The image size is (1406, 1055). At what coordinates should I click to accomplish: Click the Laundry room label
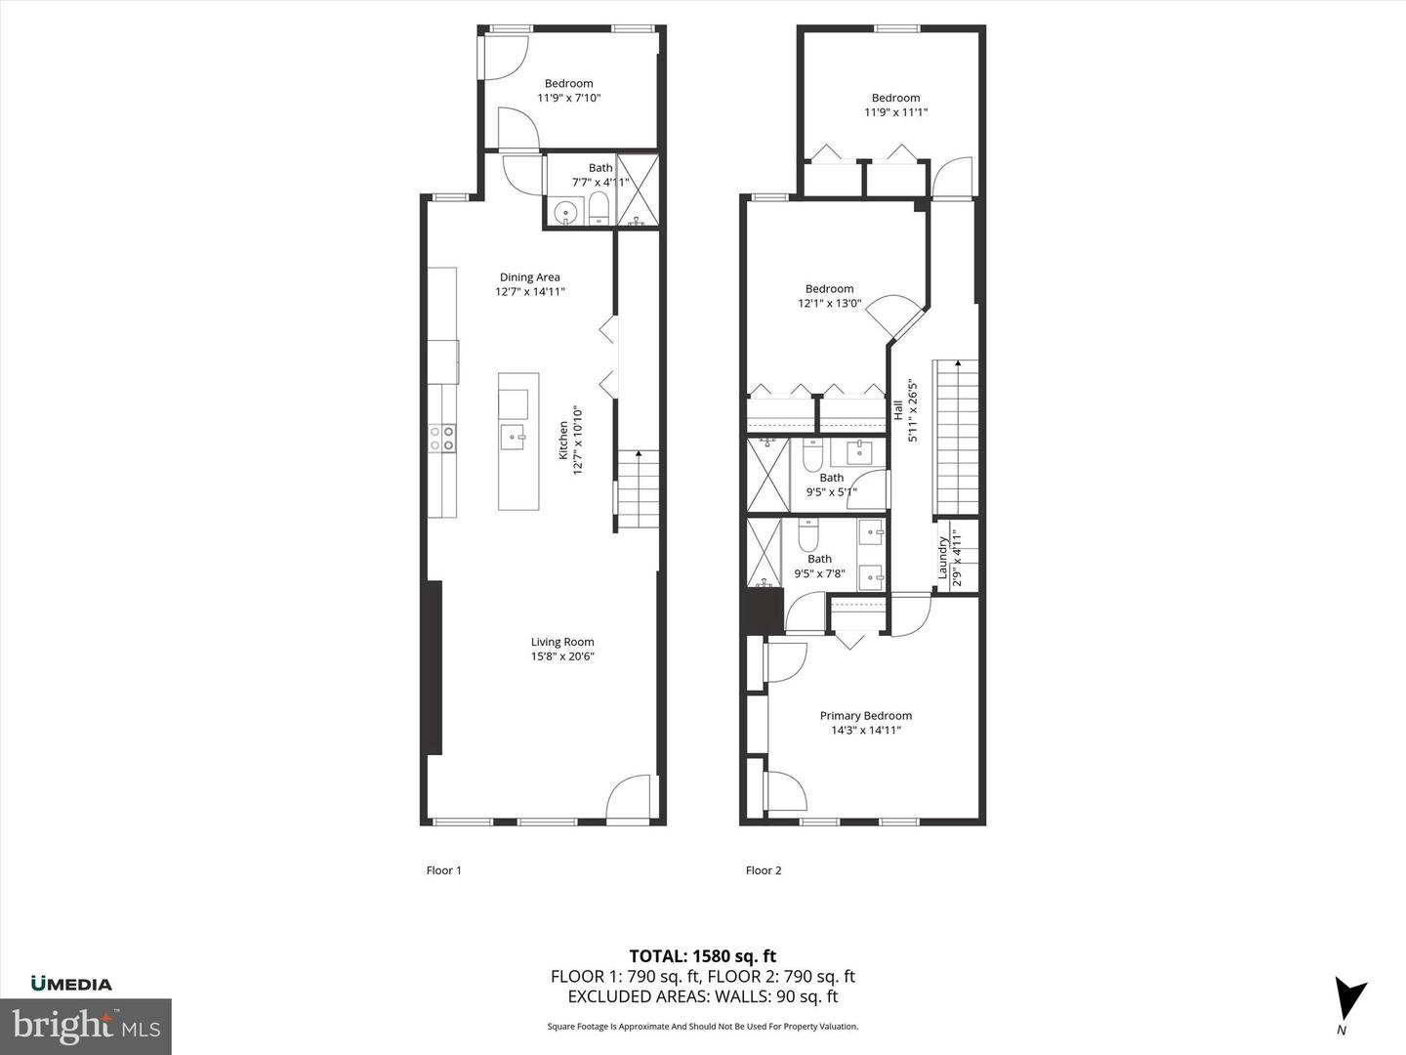[x=943, y=557]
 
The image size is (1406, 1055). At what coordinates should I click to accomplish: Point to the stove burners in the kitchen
[x=441, y=438]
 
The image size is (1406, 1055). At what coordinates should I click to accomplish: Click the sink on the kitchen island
[x=514, y=436]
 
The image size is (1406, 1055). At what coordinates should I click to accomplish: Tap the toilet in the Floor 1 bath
[x=599, y=207]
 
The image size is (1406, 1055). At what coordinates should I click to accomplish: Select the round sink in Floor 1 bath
[x=564, y=211]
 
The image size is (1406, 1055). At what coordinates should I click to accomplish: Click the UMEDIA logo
[x=71, y=984]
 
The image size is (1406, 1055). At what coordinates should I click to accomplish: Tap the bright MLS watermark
[x=86, y=1026]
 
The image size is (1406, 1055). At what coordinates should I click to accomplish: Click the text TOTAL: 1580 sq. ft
[x=702, y=956]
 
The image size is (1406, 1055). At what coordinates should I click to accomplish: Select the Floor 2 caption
[x=764, y=870]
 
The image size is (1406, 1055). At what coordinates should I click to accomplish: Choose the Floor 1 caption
[x=443, y=870]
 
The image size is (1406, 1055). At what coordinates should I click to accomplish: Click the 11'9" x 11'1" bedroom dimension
[x=895, y=112]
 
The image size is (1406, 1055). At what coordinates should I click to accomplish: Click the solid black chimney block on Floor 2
[x=763, y=611]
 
